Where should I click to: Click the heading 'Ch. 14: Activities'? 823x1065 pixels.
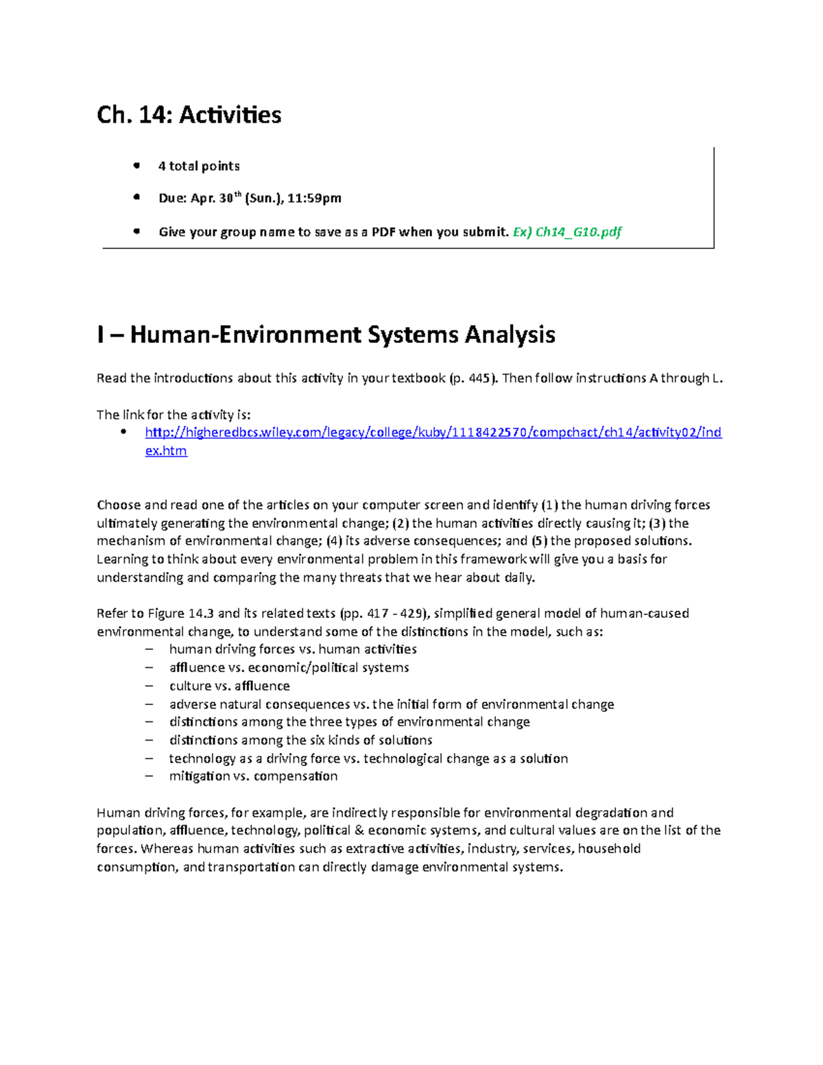click(189, 115)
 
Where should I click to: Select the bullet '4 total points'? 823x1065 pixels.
click(198, 166)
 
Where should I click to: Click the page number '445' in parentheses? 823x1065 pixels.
click(479, 378)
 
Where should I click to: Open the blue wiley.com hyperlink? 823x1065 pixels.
click(433, 433)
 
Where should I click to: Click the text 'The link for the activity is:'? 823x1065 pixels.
click(174, 414)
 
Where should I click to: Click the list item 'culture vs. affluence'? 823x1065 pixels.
click(229, 686)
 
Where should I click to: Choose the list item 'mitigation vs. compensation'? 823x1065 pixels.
click(253, 776)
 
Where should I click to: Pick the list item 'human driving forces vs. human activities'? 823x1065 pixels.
click(293, 649)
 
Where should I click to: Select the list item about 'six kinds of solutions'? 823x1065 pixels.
click(300, 740)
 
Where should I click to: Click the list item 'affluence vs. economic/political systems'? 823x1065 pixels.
click(289, 667)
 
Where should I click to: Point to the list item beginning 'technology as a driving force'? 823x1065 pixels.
click(368, 758)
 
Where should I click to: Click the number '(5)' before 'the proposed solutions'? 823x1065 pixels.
click(539, 540)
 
